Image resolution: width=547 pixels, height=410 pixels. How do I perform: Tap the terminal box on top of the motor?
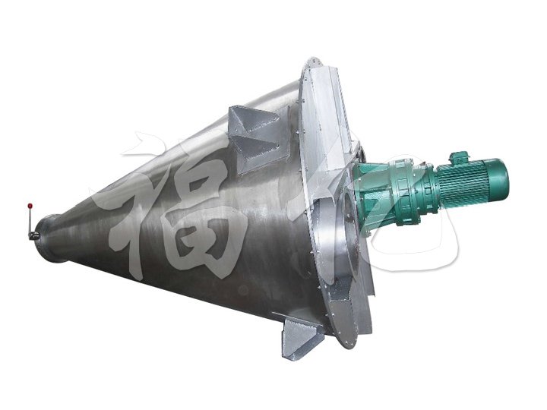pyautogui.click(x=460, y=157)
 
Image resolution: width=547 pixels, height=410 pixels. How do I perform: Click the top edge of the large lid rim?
pyautogui.click(x=311, y=61)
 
